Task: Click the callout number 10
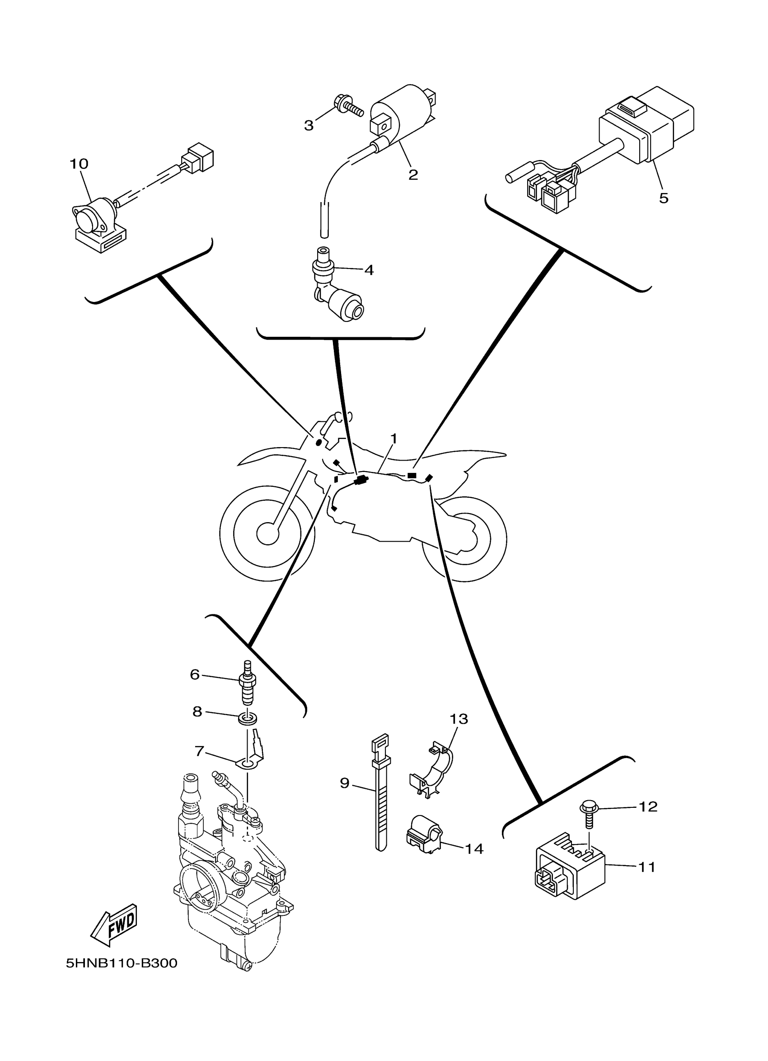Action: pyautogui.click(x=79, y=164)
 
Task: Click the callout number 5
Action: pyautogui.click(x=663, y=198)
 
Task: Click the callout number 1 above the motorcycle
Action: pyautogui.click(x=393, y=439)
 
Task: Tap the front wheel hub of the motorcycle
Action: pyautogui.click(x=268, y=533)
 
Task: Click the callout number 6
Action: pyautogui.click(x=195, y=674)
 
